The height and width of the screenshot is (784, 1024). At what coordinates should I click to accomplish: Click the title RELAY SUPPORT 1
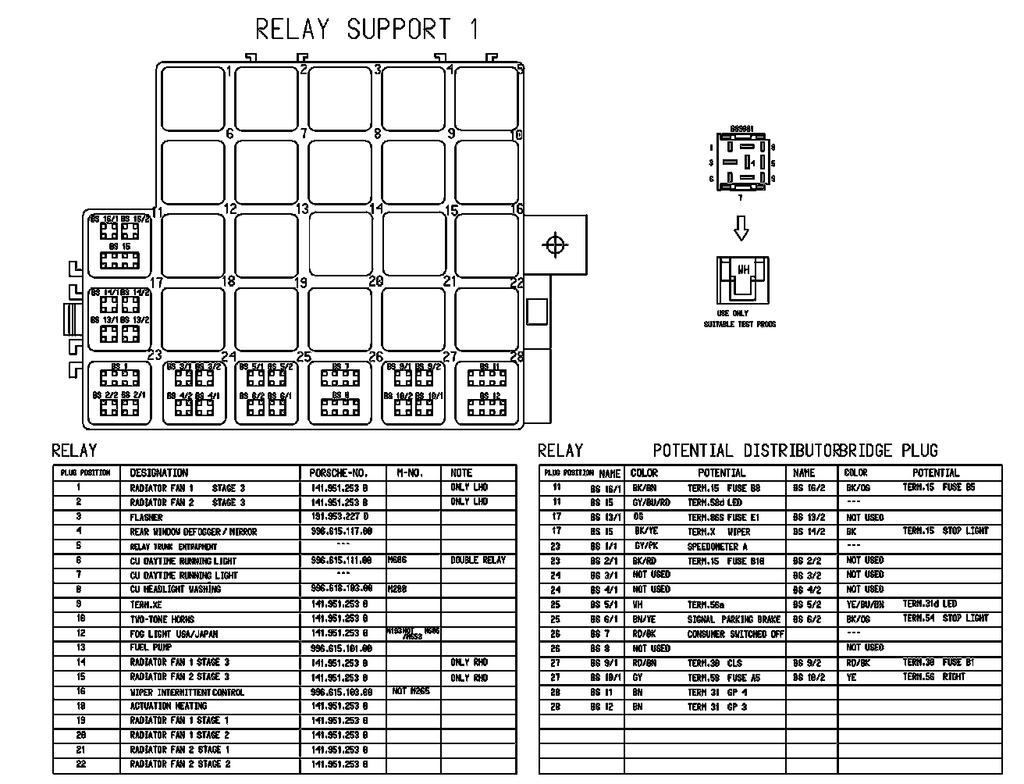coord(367,30)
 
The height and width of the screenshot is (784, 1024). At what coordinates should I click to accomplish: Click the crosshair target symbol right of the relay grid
coord(555,245)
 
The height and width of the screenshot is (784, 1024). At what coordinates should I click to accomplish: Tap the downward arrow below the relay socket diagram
coord(741,228)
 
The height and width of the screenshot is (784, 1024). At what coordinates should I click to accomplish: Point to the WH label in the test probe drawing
coord(743,270)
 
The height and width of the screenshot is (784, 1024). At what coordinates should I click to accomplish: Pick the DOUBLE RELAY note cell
coord(478,561)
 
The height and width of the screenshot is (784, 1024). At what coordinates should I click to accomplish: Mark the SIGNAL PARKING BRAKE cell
coord(734,619)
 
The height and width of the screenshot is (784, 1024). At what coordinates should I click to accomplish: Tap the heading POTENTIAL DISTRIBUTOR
coord(745,451)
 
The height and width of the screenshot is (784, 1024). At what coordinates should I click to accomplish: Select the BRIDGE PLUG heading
coord(890,451)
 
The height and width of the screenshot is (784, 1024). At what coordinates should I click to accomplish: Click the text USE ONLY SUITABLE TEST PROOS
coord(740,319)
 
